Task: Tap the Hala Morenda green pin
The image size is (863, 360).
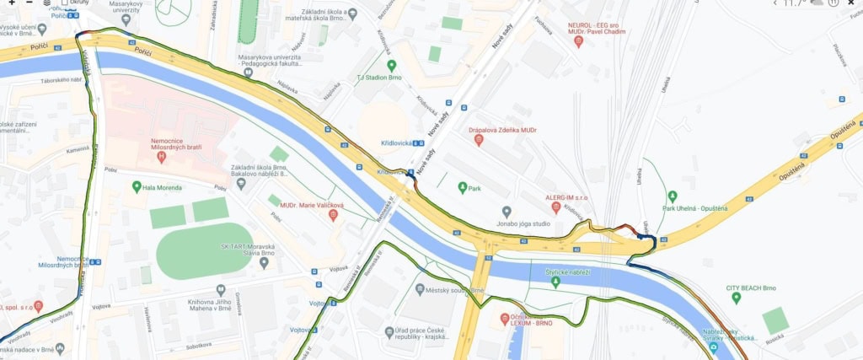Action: coord(137,186)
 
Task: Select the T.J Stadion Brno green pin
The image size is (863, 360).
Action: coord(391,65)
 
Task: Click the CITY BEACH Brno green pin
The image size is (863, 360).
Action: coord(737,298)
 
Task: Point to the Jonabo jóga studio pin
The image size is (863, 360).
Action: coord(507,212)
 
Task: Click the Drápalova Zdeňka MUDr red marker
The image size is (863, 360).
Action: coord(479,140)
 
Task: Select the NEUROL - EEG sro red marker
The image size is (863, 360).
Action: coord(578,40)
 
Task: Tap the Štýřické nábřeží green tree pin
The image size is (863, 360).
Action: coord(555,282)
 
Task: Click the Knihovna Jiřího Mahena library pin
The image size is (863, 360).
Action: coord(220,289)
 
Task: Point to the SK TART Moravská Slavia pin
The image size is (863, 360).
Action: coord(264,263)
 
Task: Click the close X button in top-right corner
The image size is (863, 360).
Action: coord(852,3)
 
